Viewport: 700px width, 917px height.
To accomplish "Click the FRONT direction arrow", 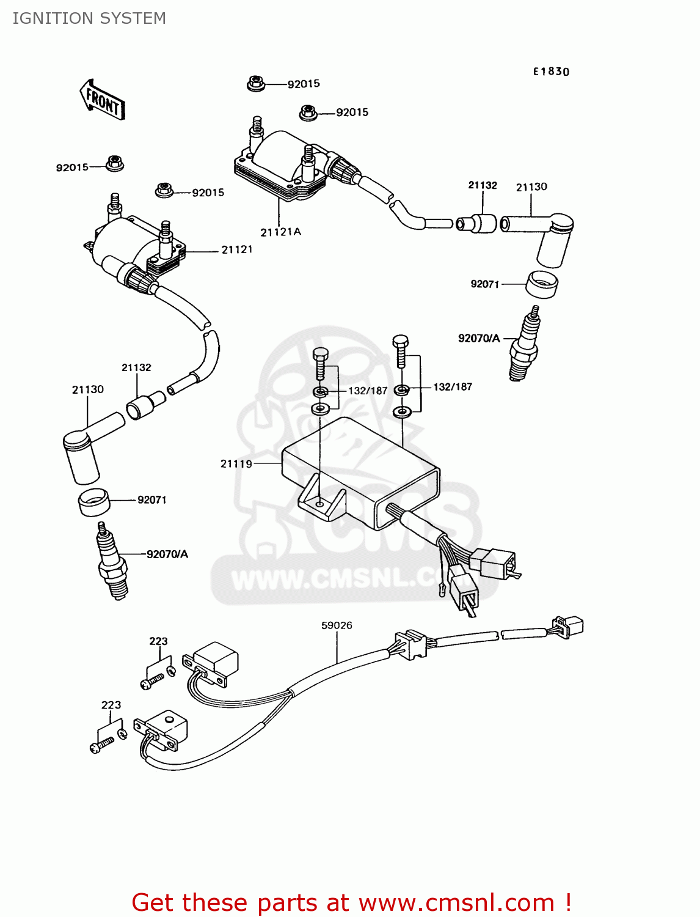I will [102, 100].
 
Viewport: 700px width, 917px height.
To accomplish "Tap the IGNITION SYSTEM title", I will [89, 18].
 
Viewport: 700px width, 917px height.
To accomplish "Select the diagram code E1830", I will [551, 72].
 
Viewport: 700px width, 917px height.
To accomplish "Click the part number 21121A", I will [280, 232].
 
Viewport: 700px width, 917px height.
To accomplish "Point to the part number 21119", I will [236, 464].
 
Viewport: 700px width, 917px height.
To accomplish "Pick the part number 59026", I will [337, 625].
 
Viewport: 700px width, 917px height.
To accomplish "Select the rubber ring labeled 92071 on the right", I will [542, 284].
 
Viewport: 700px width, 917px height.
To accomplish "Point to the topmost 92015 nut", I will [256, 83].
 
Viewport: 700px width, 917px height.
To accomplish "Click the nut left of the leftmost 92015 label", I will [114, 163].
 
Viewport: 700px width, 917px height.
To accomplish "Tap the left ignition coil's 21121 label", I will [236, 249].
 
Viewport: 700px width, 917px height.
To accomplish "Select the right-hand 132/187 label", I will [453, 387].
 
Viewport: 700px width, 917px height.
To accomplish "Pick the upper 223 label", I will [158, 641].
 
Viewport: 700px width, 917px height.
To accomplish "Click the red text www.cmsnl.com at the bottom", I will [456, 902].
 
